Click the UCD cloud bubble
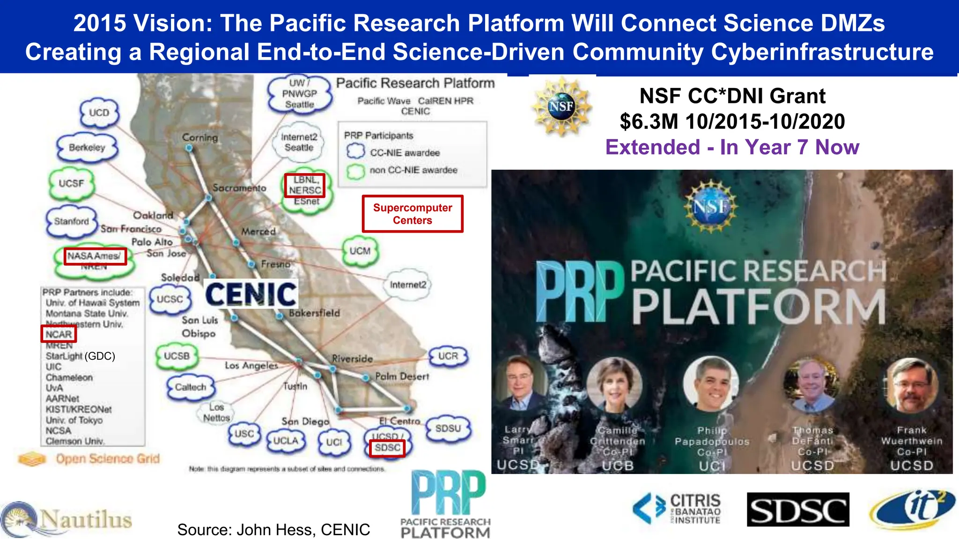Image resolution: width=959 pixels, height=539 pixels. [x=99, y=113]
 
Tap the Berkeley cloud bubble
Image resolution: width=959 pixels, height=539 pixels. [x=87, y=147]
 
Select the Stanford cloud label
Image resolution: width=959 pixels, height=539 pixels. [x=72, y=221]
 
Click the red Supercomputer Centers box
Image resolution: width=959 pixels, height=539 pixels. [x=413, y=214]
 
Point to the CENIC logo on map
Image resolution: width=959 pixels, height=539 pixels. [x=251, y=294]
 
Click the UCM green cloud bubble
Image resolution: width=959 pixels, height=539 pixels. [x=360, y=251]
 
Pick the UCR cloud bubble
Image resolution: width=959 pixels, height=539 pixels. [x=448, y=356]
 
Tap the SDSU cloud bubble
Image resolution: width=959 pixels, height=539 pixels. [x=448, y=428]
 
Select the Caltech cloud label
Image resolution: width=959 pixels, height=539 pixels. [x=191, y=387]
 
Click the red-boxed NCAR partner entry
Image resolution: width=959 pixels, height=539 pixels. [x=59, y=334]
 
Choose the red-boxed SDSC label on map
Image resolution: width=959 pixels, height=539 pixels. [x=387, y=448]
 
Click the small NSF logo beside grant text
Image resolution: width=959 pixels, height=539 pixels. [x=561, y=107]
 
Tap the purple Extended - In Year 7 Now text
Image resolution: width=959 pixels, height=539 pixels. [x=732, y=147]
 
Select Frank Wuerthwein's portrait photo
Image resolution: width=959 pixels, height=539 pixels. [x=911, y=386]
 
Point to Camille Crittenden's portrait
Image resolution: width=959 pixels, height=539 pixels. [x=615, y=385]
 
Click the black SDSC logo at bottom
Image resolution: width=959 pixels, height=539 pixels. [x=797, y=510]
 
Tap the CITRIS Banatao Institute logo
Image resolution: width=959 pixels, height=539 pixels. [x=677, y=509]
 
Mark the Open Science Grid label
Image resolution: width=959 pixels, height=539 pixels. [x=107, y=459]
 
